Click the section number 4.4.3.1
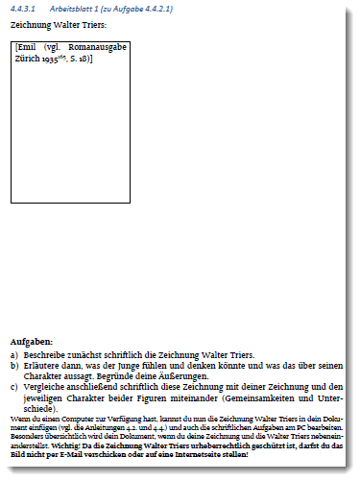coord(22,9)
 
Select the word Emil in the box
coord(31,47)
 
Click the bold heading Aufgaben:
coord(32,341)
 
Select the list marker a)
coord(13,354)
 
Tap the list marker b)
coord(13,366)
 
